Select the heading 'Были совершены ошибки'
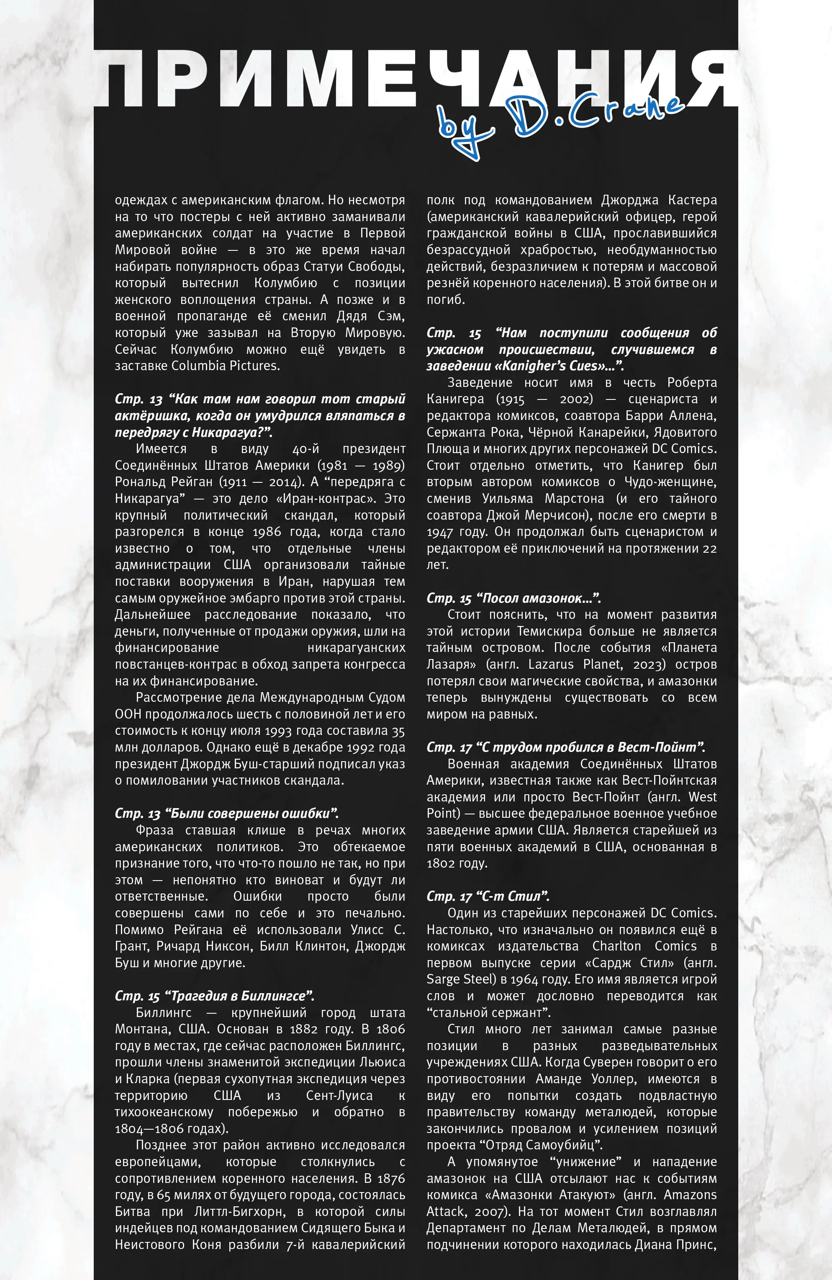tap(226, 813)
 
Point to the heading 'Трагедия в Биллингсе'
tap(214, 996)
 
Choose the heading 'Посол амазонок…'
tap(513, 598)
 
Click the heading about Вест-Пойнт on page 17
tap(565, 747)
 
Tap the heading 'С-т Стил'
tap(488, 896)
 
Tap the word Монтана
tap(137, 1029)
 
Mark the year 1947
tap(441, 531)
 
